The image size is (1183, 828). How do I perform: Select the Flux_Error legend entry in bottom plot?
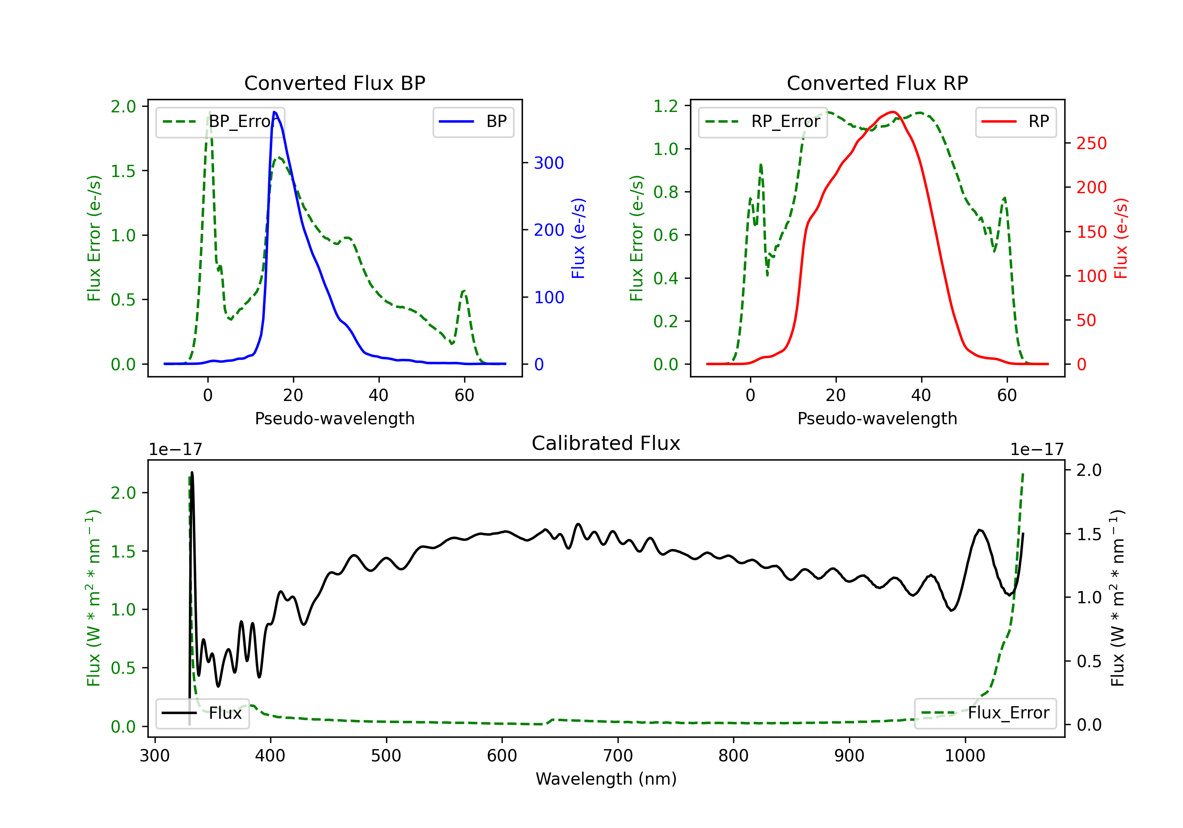[985, 713]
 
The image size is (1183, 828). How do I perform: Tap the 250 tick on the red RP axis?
[1091, 143]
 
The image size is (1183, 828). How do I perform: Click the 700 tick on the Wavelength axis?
[618, 756]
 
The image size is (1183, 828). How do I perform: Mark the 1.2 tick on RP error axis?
[666, 107]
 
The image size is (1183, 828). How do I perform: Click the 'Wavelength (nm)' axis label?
[606, 779]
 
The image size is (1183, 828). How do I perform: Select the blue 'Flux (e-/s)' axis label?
[578, 239]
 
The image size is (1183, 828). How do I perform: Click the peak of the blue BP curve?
[274, 112]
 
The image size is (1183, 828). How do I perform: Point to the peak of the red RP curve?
[892, 112]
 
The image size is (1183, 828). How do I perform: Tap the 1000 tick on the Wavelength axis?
[965, 756]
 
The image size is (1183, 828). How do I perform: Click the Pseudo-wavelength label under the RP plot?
[877, 419]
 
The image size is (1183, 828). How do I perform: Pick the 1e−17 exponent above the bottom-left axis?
[175, 450]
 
